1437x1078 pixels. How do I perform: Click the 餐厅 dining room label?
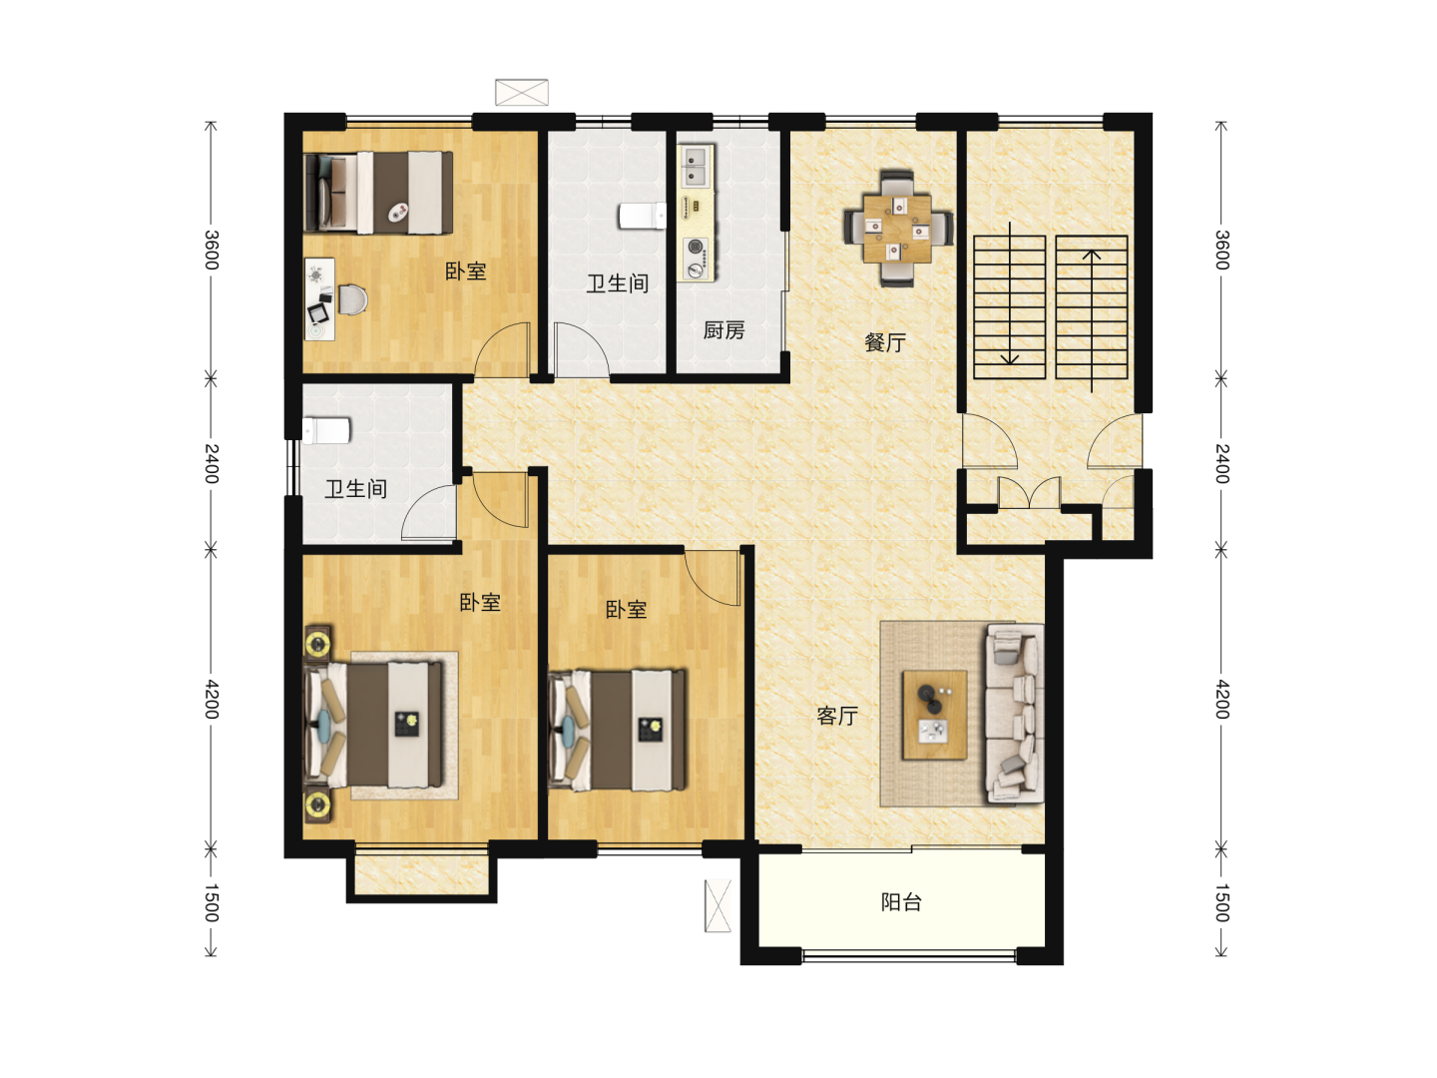point(884,342)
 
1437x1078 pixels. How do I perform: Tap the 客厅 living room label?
point(836,716)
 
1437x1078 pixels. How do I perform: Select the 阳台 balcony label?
point(901,902)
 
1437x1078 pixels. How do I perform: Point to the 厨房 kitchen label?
point(724,330)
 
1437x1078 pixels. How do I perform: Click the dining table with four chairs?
point(897,229)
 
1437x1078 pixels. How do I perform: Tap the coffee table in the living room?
point(934,715)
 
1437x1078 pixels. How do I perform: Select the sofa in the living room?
point(1015,714)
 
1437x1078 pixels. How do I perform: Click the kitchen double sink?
point(696,167)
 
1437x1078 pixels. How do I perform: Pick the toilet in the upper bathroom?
point(643,216)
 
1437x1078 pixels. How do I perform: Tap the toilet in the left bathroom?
point(326,431)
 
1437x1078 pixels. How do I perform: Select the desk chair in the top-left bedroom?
point(352,299)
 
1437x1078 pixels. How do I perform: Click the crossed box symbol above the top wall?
point(521,92)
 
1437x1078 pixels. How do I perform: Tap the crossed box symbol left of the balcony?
point(718,906)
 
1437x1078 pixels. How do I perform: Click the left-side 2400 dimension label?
point(211,463)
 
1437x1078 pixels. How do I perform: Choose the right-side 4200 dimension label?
point(1221,700)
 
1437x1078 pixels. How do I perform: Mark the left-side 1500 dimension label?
point(211,903)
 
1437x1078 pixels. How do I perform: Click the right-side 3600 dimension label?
point(1221,250)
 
